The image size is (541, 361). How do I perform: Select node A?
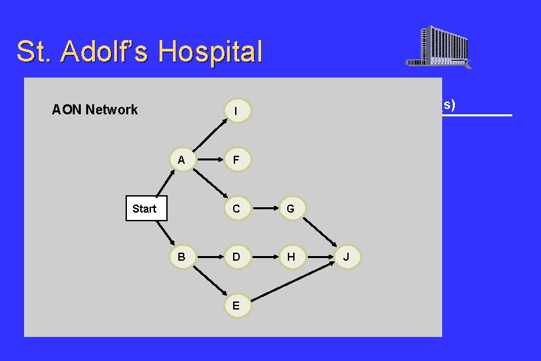181,160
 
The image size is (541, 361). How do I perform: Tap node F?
237,160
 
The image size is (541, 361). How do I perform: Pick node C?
237,209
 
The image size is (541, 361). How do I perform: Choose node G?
291,209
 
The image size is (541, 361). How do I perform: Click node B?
181,257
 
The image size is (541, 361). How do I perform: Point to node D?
237,257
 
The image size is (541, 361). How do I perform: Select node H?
291,257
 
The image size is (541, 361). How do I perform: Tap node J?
346,257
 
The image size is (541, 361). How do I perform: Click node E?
237,306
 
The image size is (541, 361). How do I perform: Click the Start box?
144,209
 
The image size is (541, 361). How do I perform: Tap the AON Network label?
95,110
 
